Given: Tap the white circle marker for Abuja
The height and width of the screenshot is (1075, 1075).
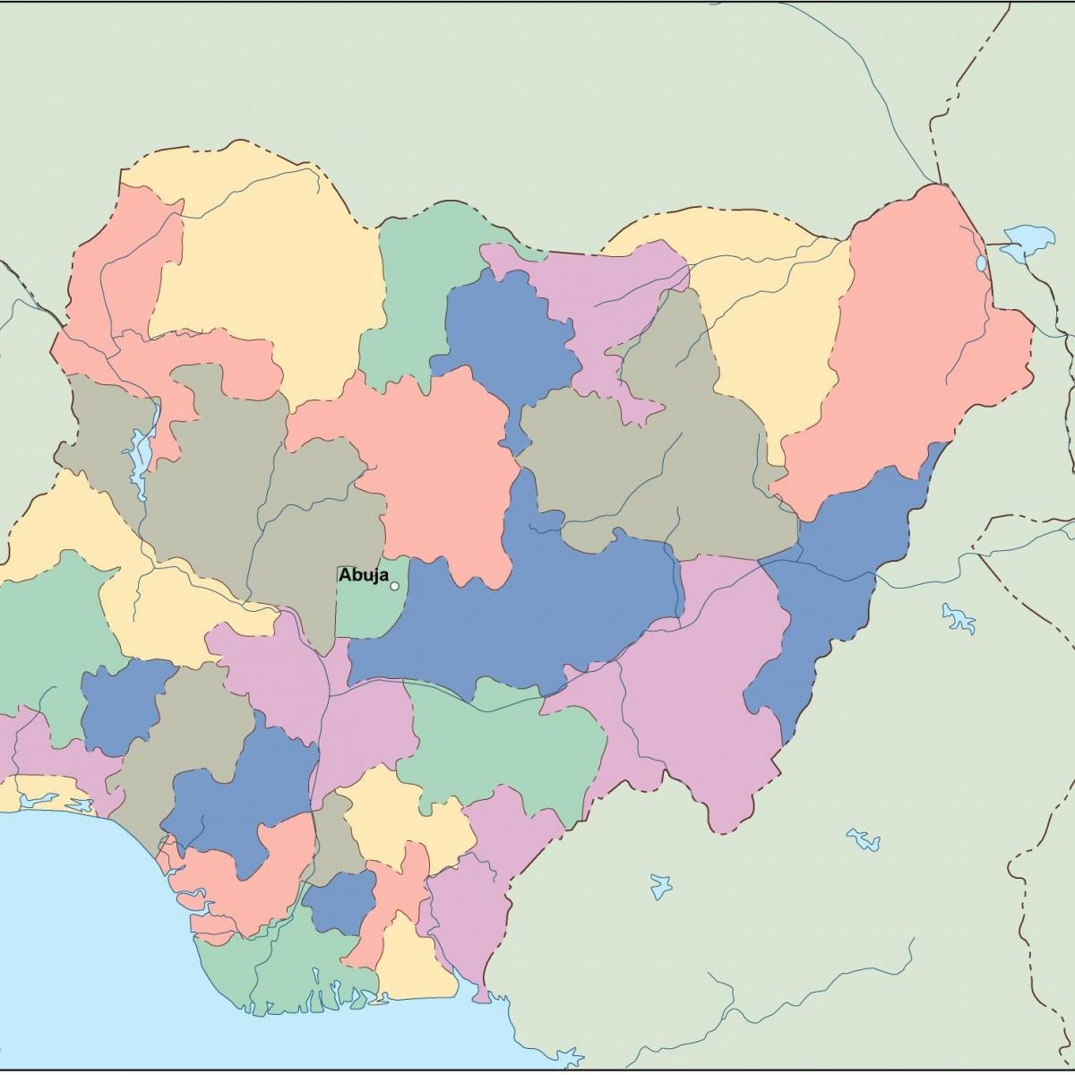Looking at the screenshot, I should tap(395, 586).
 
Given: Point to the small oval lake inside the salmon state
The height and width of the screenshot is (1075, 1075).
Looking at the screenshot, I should tap(981, 263).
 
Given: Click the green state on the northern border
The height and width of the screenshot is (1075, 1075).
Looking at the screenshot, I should tap(412, 296).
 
